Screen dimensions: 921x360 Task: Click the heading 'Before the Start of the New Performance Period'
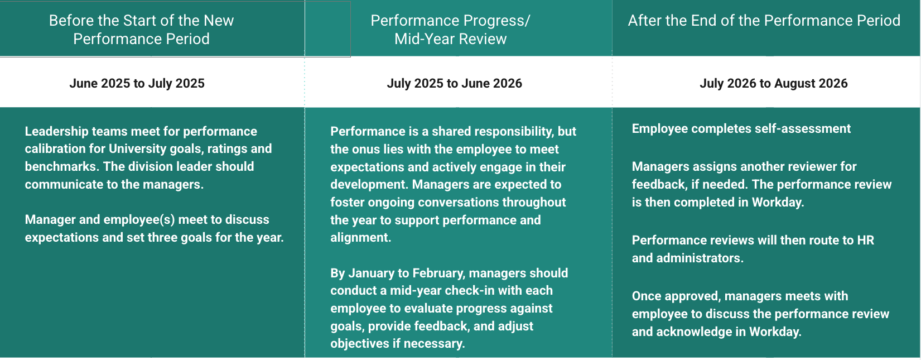[142, 30]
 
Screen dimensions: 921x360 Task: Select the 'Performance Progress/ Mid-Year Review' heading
[450, 30]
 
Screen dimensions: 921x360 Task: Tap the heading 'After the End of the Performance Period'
[764, 21]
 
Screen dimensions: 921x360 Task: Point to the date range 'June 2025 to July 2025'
[137, 83]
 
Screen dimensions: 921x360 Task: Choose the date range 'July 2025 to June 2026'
[454, 83]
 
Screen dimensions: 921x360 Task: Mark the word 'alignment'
[360, 238]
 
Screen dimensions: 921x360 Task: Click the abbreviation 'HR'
[865, 240]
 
